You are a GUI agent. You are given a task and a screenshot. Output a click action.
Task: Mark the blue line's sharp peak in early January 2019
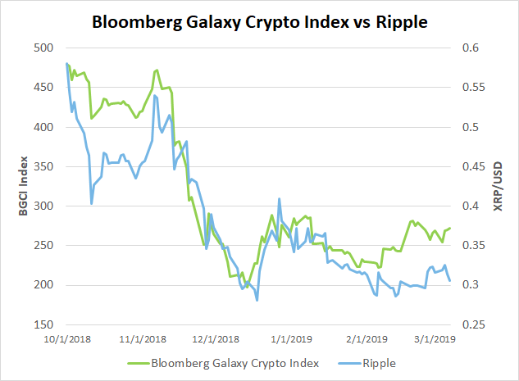[280, 199]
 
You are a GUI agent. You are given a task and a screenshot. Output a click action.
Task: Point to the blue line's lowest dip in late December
[257, 301]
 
